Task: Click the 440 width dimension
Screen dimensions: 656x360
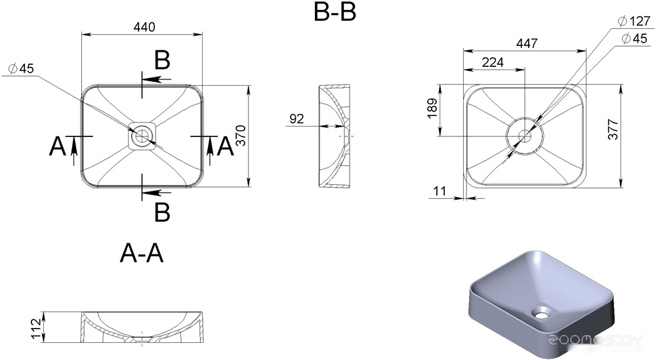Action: point(144,27)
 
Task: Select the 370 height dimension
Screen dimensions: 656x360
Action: point(241,136)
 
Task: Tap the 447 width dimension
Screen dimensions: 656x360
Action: point(527,43)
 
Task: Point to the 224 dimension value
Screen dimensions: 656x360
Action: point(493,62)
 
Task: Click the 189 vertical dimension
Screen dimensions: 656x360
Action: point(432,108)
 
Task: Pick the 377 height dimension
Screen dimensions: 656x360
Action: point(613,129)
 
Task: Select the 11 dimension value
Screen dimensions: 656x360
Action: point(440,191)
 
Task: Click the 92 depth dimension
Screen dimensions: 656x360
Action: point(297,119)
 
